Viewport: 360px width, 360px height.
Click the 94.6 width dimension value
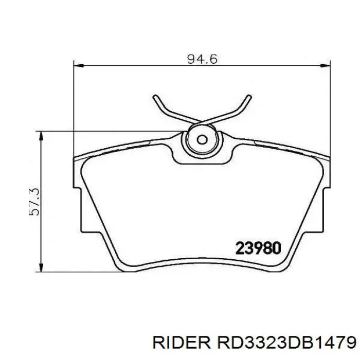point(202,59)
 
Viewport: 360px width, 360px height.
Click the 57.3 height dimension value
point(34,202)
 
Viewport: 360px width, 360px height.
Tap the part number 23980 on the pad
point(258,248)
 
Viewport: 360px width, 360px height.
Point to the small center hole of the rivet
point(202,139)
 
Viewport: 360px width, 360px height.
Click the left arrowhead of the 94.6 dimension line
point(78,66)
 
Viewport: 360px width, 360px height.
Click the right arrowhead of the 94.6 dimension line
point(326,66)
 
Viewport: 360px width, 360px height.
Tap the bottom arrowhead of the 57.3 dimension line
point(41,268)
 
